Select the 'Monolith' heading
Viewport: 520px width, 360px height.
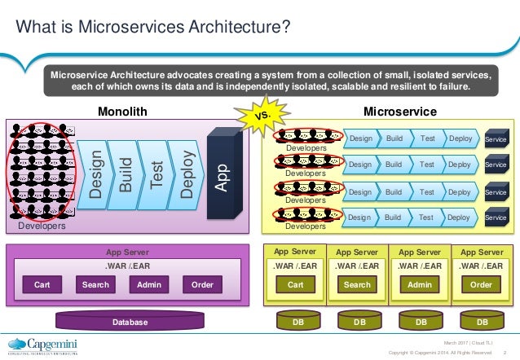[122, 111]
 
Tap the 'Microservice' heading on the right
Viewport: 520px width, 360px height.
[399, 111]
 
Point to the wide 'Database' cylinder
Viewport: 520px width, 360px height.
[130, 323]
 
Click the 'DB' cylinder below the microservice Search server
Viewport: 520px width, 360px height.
[357, 323]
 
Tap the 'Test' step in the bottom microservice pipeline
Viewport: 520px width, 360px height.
[425, 217]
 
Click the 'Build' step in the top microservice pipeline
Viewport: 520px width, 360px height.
[394, 138]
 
